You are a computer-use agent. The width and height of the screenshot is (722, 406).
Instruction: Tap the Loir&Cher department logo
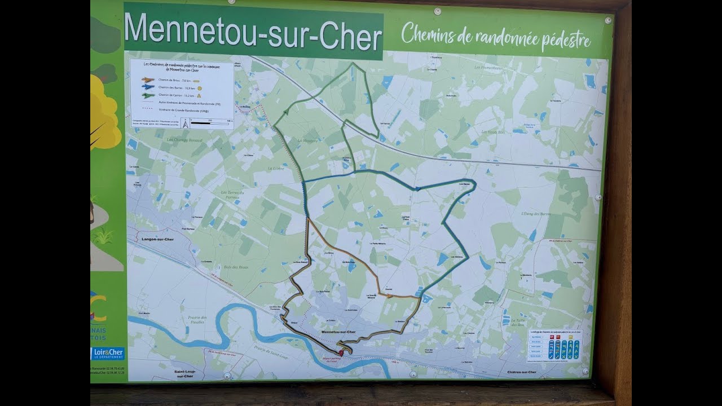pos(108,354)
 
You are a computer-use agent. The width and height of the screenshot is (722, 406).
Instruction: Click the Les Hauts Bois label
pos(493,132)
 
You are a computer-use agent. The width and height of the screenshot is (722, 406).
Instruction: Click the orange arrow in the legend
pos(148,80)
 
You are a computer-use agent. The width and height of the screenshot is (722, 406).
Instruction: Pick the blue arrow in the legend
pos(148,87)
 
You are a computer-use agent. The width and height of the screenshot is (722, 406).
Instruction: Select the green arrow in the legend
pos(148,95)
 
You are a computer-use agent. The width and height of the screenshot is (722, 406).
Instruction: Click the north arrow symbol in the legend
pos(184,121)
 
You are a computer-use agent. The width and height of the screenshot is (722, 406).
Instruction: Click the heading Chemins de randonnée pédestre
pos(496,37)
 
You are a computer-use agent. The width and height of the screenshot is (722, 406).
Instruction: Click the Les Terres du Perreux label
pos(232,195)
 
